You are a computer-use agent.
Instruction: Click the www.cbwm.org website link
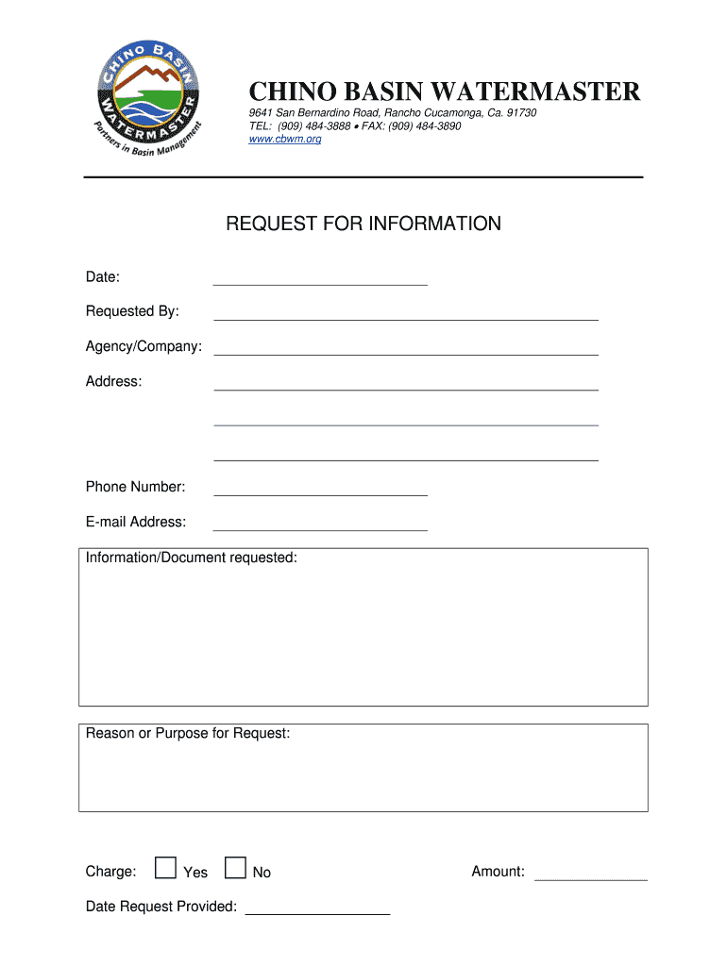pos(284,140)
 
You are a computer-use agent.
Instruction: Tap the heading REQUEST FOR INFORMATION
pos(363,225)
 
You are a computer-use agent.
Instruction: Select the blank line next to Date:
pos(320,278)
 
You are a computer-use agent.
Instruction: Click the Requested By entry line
pos(406,313)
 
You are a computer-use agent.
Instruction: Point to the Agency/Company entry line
pos(406,348)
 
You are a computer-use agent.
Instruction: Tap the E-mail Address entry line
pos(320,524)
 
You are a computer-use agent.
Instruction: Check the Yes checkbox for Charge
pos(165,868)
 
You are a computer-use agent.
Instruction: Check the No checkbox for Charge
pos(235,868)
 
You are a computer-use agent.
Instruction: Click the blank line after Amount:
pos(591,874)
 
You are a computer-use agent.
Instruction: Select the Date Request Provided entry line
pos(317,908)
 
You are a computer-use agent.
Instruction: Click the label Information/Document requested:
pos(192,558)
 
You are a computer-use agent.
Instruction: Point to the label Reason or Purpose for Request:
pos(188,734)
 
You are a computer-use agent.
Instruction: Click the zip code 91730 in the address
pos(521,113)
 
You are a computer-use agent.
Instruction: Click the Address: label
pos(113,382)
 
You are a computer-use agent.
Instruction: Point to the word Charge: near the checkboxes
pos(110,872)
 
